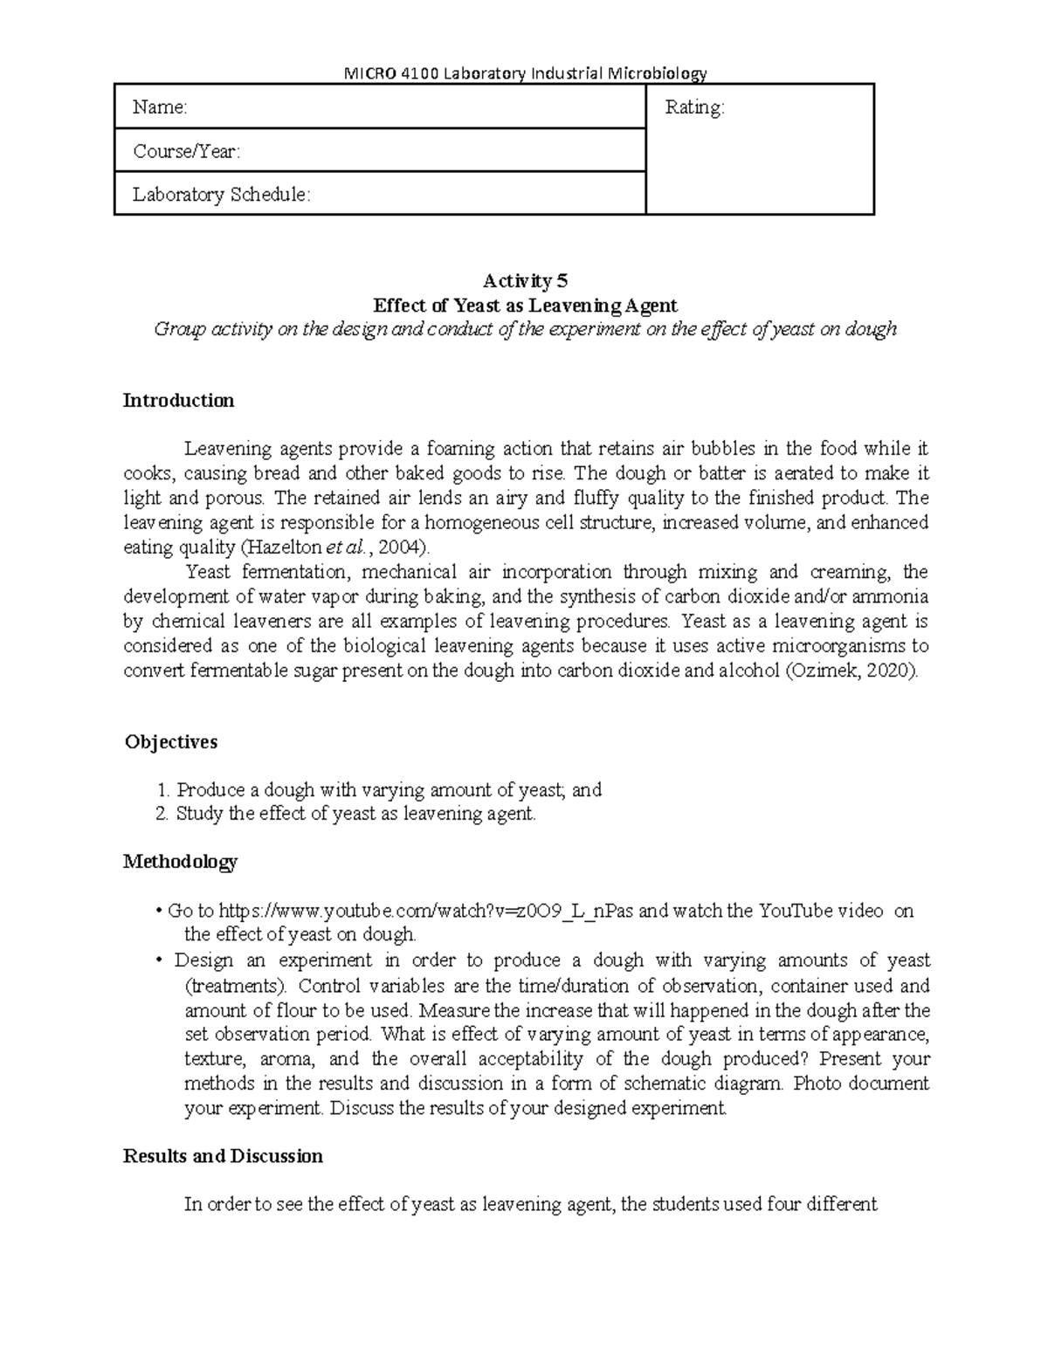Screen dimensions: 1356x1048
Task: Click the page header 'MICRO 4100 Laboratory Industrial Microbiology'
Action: point(524,72)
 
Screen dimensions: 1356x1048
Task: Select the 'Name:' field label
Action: point(160,107)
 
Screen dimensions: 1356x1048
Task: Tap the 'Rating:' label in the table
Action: point(694,107)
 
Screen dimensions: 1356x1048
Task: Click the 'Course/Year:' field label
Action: point(186,151)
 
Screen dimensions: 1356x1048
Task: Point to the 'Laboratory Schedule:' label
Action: point(221,195)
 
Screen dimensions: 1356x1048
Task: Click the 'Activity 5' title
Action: point(525,281)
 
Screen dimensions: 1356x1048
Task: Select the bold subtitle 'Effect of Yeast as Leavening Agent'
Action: point(525,306)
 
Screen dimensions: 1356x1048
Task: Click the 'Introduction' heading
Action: point(178,401)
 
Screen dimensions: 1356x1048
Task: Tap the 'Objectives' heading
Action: point(171,742)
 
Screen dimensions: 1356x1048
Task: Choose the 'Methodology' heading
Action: point(180,862)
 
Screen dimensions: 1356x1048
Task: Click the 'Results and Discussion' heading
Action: point(223,1156)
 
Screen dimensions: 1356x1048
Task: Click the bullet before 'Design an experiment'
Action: point(158,960)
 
